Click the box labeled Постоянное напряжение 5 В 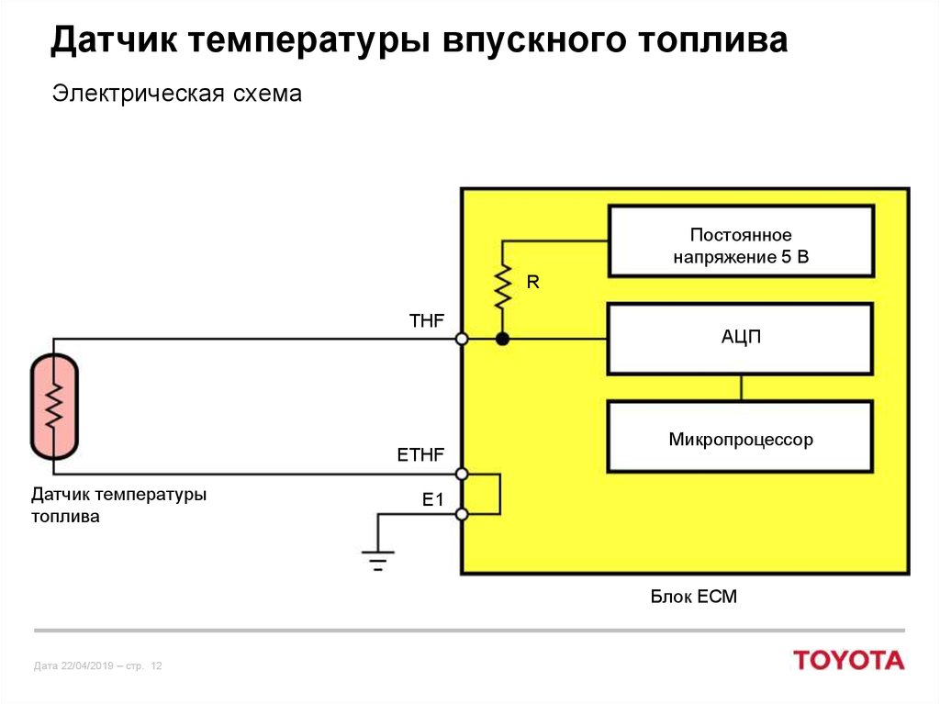pos(741,241)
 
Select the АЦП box pos(741,339)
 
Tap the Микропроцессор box pos(741,437)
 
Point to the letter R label pos(532,283)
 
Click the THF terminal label pos(426,320)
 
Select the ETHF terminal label pos(420,454)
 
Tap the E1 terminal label pos(432,499)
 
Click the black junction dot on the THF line pos(502,340)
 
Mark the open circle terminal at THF pos(463,340)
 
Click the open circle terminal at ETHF pos(463,475)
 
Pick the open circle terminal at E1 pos(463,515)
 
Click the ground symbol pos(377,558)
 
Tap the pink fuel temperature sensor pos(54,406)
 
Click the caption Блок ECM pos(694,598)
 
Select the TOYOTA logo pos(848,660)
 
